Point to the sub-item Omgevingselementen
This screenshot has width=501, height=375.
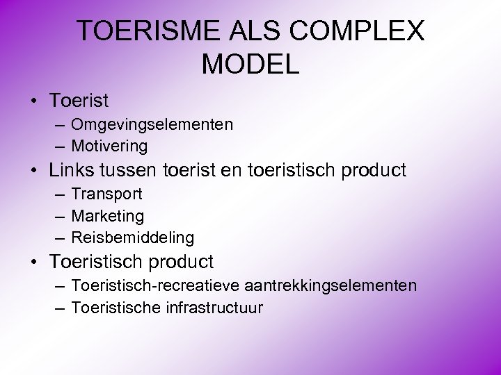coord(152,125)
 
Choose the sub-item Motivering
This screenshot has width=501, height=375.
coord(109,146)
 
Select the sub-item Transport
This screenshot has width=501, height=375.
coord(106,194)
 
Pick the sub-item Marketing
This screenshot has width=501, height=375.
coord(107,216)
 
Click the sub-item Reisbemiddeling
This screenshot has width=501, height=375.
coord(133,237)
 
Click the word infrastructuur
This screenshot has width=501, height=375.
coord(214,307)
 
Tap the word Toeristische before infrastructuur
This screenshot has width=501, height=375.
coord(116,307)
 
